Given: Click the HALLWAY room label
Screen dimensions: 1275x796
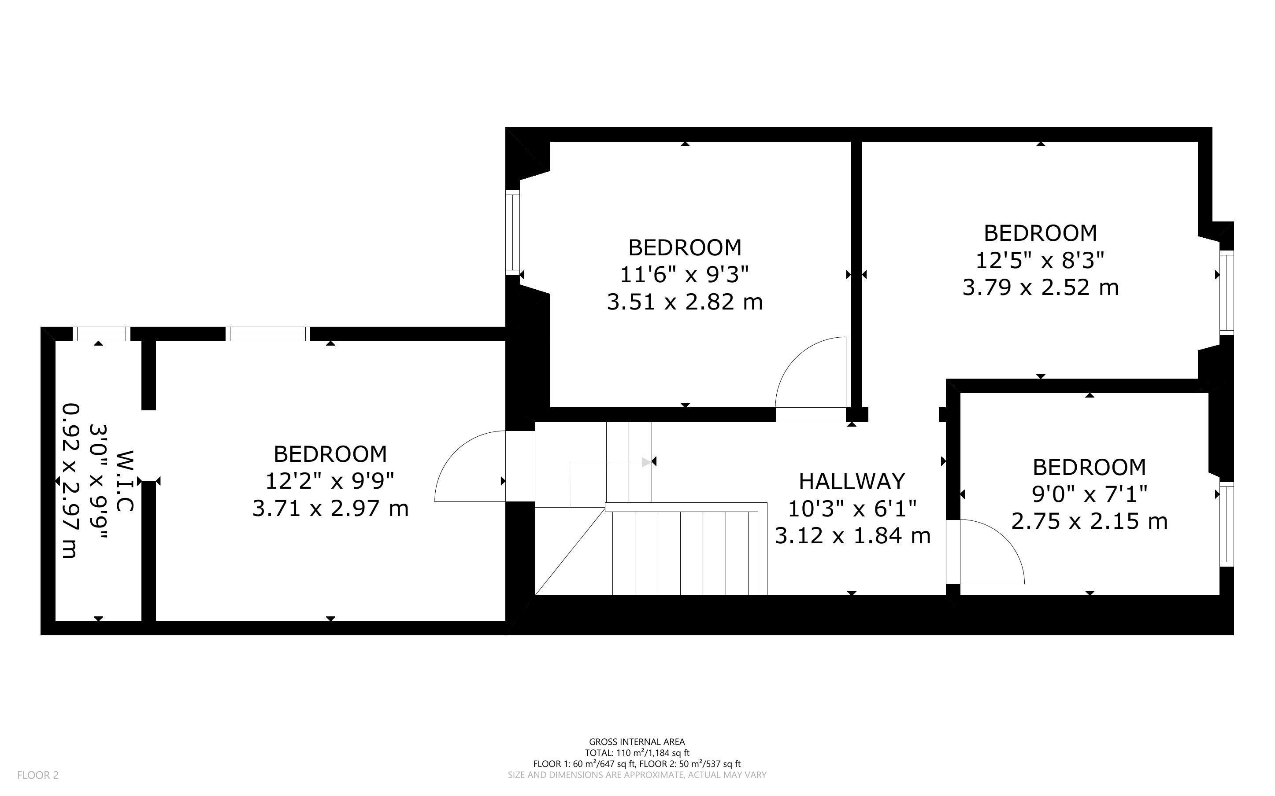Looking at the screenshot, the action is pyautogui.click(x=852, y=481).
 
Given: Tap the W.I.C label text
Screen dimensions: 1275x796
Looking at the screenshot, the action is pyautogui.click(x=125, y=481).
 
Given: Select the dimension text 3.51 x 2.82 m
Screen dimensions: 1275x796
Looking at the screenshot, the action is pyautogui.click(x=685, y=302).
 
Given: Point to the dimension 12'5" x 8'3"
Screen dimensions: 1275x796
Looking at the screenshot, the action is pyautogui.click(x=1040, y=260).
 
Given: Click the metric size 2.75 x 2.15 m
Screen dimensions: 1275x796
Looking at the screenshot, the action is pyautogui.click(x=1089, y=521).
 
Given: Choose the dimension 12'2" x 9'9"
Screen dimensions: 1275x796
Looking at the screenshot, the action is pyautogui.click(x=330, y=481).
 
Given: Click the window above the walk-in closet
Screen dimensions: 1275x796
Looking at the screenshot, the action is pyautogui.click(x=101, y=334).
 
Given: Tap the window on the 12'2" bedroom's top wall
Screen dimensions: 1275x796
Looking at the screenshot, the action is pyautogui.click(x=268, y=334).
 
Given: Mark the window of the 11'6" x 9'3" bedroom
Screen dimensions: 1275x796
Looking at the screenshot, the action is pyautogui.click(x=512, y=232).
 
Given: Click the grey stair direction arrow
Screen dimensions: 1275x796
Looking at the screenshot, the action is pyautogui.click(x=611, y=462).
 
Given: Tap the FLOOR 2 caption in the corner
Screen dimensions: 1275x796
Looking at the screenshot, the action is pyautogui.click(x=38, y=775).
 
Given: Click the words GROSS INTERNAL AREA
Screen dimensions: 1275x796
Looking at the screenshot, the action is pyautogui.click(x=637, y=742).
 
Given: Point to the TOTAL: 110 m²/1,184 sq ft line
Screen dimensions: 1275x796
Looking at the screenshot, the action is pyautogui.click(x=637, y=753).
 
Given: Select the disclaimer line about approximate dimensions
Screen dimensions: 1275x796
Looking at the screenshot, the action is pyautogui.click(x=637, y=775).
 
